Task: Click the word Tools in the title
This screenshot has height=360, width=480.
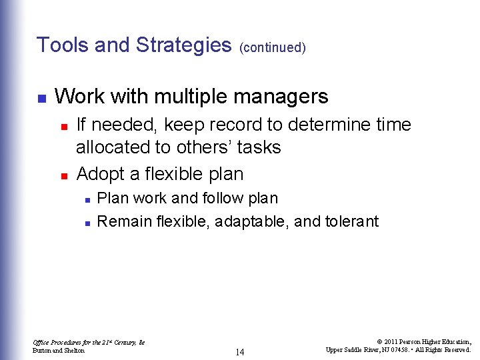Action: [x=62, y=45]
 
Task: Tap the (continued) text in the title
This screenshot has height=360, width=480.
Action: [x=272, y=47]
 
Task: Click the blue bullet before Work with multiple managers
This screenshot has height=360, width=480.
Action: [x=41, y=98]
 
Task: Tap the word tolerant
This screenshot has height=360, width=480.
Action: [x=351, y=221]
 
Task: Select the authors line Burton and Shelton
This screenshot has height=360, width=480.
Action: [x=59, y=350]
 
